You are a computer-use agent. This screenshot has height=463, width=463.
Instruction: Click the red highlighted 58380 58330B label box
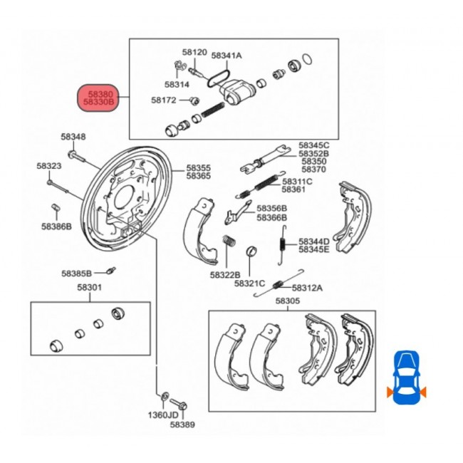[x=100, y=98]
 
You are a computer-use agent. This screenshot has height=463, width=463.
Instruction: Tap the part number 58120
[x=194, y=53]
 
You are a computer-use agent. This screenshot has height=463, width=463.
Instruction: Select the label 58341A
[x=227, y=55]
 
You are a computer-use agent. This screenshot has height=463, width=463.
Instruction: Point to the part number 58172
[x=163, y=100]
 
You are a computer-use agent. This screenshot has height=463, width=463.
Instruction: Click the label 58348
[x=73, y=137]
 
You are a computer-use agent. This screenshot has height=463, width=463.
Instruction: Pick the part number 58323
[x=49, y=166]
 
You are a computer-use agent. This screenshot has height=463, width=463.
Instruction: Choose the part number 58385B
[x=76, y=273]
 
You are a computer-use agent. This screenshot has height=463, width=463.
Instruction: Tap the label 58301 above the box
[x=90, y=287]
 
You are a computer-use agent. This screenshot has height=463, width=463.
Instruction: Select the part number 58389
[x=182, y=424]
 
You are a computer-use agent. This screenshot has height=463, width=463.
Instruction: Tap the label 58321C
[x=251, y=283]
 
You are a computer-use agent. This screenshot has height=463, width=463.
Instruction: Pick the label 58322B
[x=224, y=274]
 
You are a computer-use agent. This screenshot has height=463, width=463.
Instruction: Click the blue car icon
[x=406, y=377]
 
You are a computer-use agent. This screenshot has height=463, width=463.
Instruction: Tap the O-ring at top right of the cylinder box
[x=307, y=57]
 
